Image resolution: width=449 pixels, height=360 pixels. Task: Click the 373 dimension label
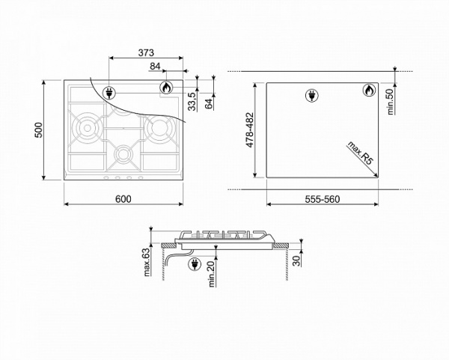point(146,52)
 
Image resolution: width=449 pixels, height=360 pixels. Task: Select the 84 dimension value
point(155,68)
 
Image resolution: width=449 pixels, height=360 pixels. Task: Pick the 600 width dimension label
point(123,198)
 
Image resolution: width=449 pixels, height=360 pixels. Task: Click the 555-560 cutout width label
point(322,198)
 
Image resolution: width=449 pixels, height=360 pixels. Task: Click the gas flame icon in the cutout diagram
point(367,91)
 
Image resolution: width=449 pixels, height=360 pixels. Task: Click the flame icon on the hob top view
point(165,89)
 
